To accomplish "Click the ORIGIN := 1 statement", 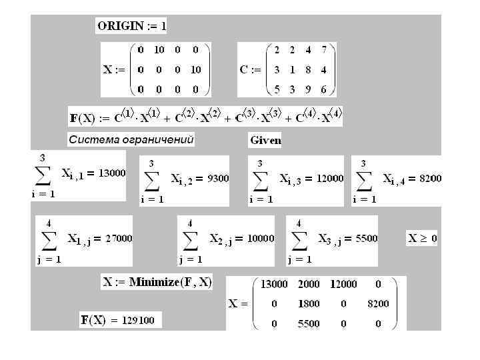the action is (131, 27).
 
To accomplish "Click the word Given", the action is (265, 140).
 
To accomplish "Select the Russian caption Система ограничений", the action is (131, 139).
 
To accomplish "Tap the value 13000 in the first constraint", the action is (112, 173).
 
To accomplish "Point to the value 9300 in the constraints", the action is (218, 179).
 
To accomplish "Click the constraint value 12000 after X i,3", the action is (330, 178).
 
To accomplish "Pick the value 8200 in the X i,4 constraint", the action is (430, 178).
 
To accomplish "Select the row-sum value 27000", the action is (119, 238).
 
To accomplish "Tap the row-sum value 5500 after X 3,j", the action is (367, 238).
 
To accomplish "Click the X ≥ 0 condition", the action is (422, 237).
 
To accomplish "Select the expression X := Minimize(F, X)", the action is (157, 282).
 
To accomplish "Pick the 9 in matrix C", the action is (306, 89).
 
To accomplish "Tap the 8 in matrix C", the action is (306, 69).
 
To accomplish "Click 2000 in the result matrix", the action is (308, 284).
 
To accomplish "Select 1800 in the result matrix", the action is (308, 304).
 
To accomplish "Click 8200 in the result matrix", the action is (377, 304).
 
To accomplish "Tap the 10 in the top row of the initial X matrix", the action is (159, 50).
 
